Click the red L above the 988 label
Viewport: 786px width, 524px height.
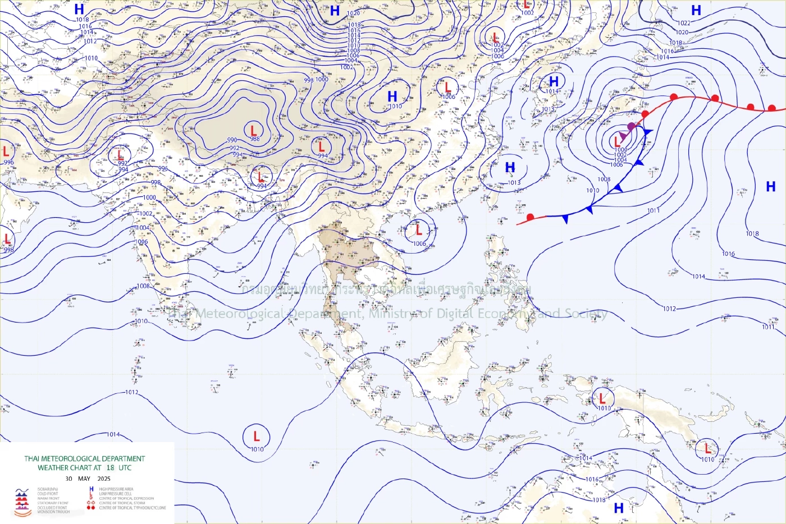click(x=254, y=131)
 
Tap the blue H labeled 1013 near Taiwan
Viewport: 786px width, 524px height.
click(x=510, y=167)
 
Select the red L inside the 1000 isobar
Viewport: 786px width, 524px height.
click(x=617, y=142)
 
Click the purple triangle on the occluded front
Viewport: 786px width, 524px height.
click(x=623, y=136)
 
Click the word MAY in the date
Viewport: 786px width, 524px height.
click(x=84, y=479)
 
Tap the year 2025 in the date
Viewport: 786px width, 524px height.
click(x=104, y=479)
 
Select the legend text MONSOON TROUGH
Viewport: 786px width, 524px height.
click(x=54, y=512)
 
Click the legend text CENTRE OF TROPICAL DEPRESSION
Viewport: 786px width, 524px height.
click(x=126, y=498)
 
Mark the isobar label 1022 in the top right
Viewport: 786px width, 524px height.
click(x=684, y=23)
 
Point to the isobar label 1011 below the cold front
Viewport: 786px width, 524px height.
click(x=653, y=210)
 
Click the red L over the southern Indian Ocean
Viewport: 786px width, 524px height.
click(x=257, y=436)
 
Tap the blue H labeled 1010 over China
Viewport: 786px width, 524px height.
click(x=392, y=96)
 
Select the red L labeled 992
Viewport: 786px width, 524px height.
click(x=119, y=154)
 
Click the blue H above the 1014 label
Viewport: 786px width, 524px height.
click(x=554, y=82)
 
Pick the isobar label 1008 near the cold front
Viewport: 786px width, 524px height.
click(x=604, y=180)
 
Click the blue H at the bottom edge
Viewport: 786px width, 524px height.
click(x=619, y=508)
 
